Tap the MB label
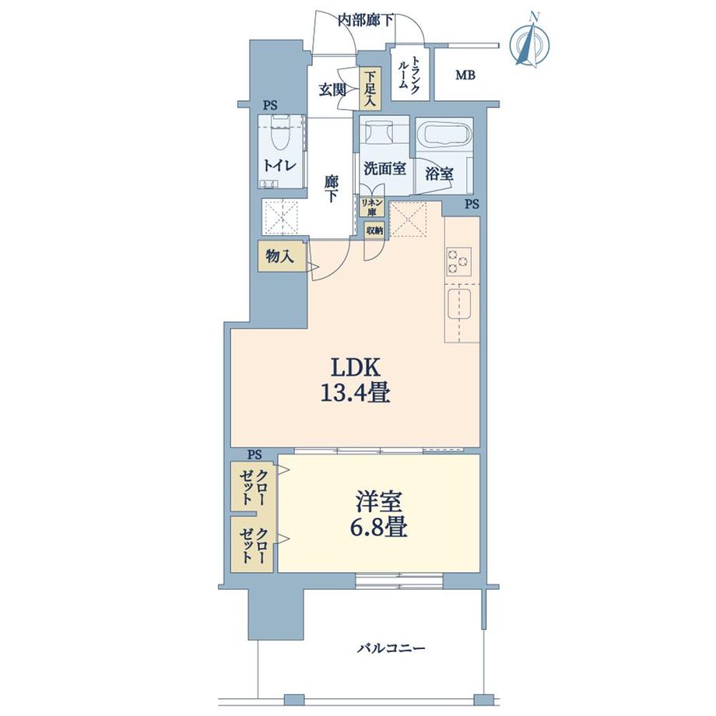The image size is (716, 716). [465, 75]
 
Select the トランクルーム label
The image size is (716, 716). [410, 75]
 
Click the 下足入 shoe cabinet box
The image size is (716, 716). [370, 88]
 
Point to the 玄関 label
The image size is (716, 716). [332, 89]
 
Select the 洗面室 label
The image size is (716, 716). [384, 168]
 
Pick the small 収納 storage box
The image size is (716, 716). [374, 230]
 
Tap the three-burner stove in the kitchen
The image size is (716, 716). [459, 262]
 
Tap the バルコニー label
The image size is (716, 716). [391, 648]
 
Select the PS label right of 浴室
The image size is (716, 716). [472, 205]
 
